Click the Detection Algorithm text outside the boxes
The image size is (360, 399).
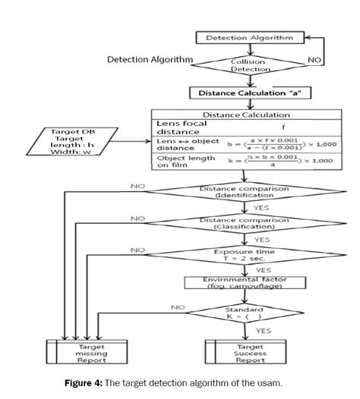coord(150,59)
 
